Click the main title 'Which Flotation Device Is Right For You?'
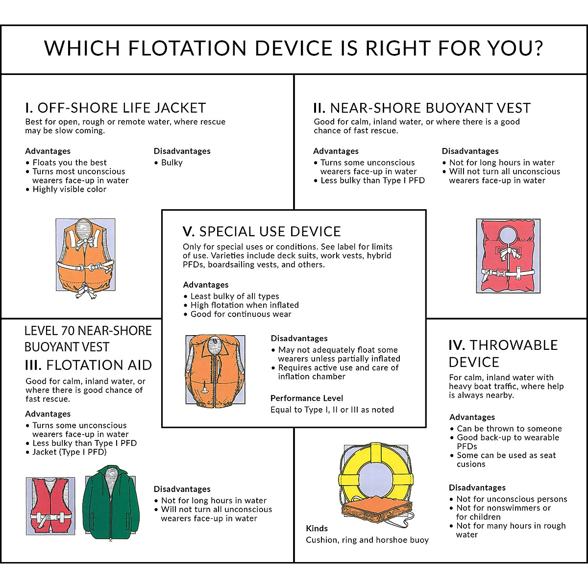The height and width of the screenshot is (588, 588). [294, 49]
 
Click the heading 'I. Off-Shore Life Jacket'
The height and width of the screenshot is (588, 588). [116, 108]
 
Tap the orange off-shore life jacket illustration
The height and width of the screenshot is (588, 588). [85, 257]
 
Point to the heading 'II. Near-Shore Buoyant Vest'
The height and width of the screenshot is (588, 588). [422, 108]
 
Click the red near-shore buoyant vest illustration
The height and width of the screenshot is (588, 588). [508, 256]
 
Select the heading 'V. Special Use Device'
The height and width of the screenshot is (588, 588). [262, 231]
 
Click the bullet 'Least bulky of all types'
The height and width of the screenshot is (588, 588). [234, 296]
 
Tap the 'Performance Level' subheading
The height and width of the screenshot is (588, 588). [307, 398]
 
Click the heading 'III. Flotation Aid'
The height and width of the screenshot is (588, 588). [88, 365]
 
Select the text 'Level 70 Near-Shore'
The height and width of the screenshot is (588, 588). [88, 331]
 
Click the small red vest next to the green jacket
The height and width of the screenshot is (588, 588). [50, 505]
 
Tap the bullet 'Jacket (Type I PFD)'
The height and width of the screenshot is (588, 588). [69, 452]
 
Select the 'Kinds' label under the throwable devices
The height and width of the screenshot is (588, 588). [317, 528]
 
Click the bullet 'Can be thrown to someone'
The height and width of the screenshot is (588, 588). [509, 428]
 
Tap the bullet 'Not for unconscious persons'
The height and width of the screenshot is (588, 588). [512, 499]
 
